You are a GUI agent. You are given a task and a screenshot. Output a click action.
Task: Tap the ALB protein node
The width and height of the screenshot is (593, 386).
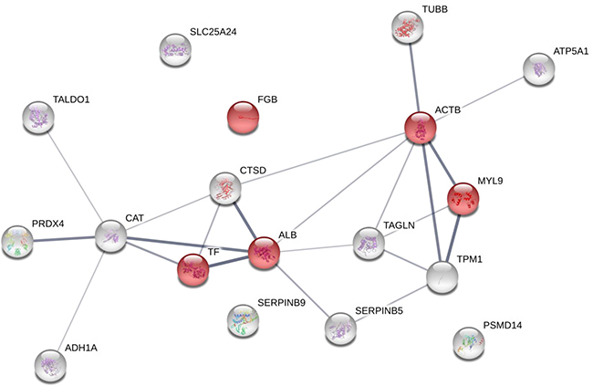(264, 253)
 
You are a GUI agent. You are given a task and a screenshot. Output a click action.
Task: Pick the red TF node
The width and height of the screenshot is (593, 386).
(193, 269)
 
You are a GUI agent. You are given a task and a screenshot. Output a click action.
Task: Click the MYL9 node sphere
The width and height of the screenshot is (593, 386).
(464, 198)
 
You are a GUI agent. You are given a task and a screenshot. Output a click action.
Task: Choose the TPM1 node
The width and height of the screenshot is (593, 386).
(442, 276)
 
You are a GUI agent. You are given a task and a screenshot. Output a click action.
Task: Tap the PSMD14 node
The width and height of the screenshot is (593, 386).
(469, 344)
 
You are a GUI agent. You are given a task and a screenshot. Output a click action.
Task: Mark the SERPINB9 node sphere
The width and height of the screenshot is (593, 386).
(243, 319)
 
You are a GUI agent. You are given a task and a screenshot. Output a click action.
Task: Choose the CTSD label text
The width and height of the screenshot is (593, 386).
(254, 171)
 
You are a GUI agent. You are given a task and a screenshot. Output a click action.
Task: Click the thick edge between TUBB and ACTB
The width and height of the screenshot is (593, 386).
(414, 78)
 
